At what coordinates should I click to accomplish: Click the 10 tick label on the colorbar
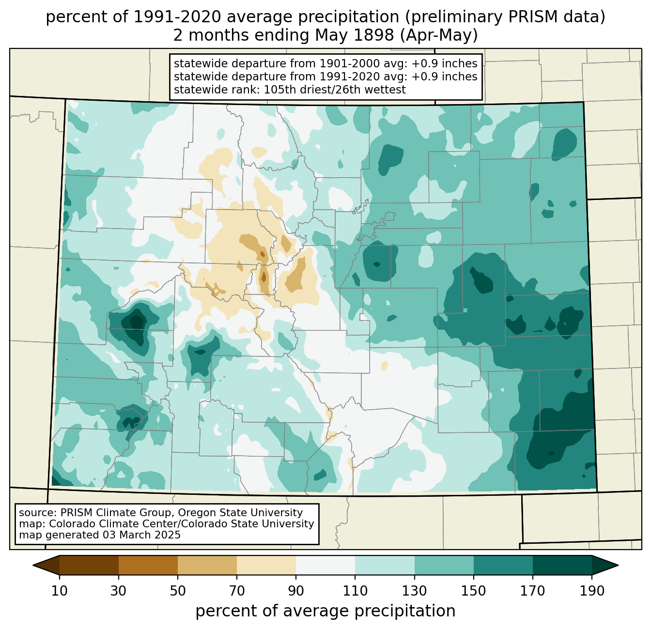pyautogui.click(x=59, y=591)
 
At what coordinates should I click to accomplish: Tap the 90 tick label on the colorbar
pyautogui.click(x=296, y=591)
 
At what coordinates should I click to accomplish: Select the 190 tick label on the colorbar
pyautogui.click(x=592, y=591)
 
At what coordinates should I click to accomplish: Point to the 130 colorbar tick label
pyautogui.click(x=414, y=591)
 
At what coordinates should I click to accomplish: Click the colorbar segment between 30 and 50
pyautogui.click(x=148, y=565)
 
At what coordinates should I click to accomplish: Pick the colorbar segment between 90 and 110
pyautogui.click(x=325, y=565)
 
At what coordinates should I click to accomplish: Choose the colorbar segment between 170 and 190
pyautogui.click(x=562, y=565)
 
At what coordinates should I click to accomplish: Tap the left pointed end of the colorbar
pyautogui.click(x=33, y=565)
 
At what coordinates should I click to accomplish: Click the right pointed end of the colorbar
pyautogui.click(x=618, y=565)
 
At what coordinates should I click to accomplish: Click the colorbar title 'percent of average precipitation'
pyautogui.click(x=325, y=611)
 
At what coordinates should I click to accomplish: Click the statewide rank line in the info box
pyautogui.click(x=290, y=90)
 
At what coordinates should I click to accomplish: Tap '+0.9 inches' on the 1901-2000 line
pyautogui.click(x=444, y=63)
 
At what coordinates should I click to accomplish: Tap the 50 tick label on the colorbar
pyautogui.click(x=178, y=591)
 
